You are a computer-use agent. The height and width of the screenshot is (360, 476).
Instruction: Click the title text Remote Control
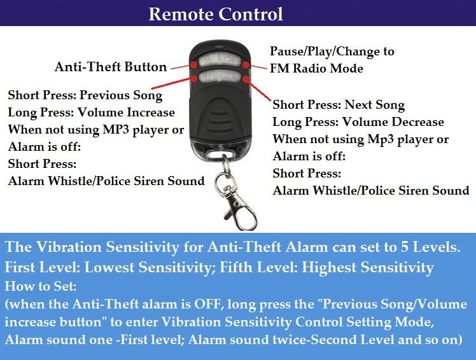(x=216, y=13)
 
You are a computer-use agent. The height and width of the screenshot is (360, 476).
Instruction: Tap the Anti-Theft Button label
(x=111, y=67)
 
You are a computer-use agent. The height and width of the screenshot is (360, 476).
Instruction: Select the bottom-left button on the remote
(x=209, y=79)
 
